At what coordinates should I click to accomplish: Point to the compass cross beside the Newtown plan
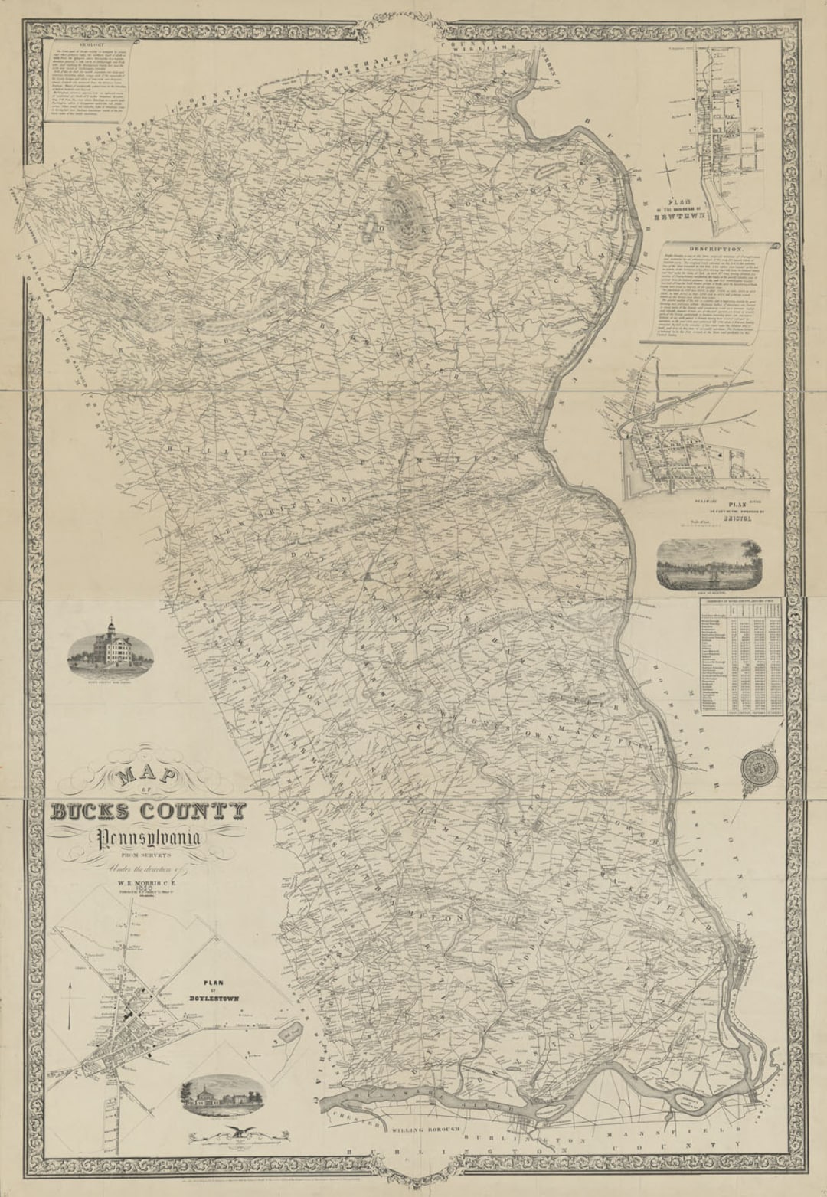[x=671, y=169]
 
